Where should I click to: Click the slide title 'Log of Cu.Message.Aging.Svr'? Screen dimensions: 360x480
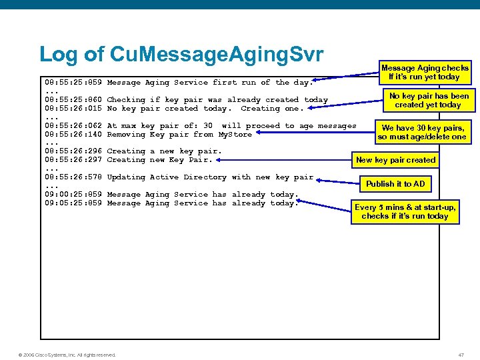tap(181, 54)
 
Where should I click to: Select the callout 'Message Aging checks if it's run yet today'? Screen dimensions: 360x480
tap(425, 72)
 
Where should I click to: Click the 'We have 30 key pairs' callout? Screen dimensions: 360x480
tap(421, 132)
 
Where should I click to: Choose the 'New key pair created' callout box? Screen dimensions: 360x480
tap(395, 160)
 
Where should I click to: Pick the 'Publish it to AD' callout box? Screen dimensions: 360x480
tap(395, 184)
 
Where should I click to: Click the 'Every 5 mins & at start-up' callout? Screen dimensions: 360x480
tap(405, 211)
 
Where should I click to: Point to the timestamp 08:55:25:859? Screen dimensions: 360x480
tap(73, 83)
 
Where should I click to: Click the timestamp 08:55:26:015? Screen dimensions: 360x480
tap(73, 109)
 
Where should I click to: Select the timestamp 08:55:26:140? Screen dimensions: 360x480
tap(73, 135)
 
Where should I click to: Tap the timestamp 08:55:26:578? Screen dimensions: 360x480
tap(73, 177)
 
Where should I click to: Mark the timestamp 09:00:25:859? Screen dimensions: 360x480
tap(73, 195)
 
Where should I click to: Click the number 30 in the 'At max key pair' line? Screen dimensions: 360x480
tap(208, 126)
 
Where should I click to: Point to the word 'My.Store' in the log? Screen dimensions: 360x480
tap(235, 135)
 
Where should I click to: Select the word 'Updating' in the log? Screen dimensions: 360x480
tap(126, 177)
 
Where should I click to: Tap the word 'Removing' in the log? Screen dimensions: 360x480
tap(126, 135)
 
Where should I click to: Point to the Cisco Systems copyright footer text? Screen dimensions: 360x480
tap(66, 354)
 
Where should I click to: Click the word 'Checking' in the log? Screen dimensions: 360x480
tap(126, 100)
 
